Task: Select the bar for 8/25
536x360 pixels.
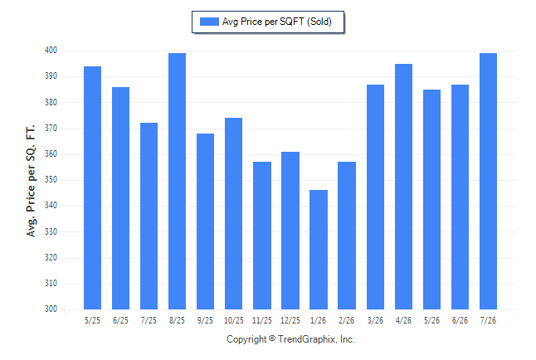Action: point(177,181)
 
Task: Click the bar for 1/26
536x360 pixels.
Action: point(319,250)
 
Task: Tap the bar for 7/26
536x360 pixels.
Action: point(488,181)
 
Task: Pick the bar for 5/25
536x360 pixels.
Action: point(92,187)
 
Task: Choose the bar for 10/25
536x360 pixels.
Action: point(233,214)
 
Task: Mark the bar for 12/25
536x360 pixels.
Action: point(290,231)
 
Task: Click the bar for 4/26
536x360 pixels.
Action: point(403,187)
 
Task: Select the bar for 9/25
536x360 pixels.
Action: point(205,221)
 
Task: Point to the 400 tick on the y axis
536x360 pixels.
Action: point(51,51)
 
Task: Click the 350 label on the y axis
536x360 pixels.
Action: point(51,179)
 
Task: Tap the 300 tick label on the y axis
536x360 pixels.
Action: point(51,309)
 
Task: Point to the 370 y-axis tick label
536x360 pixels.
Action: point(51,128)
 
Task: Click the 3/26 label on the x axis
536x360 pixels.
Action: point(375,320)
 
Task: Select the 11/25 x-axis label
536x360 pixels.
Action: point(262,320)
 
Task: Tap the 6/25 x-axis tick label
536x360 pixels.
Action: point(120,320)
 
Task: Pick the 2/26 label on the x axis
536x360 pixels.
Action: point(347,320)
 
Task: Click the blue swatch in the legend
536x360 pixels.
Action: point(209,22)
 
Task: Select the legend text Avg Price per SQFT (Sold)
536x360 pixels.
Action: point(277,22)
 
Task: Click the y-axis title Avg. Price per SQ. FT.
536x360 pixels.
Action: point(31,181)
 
